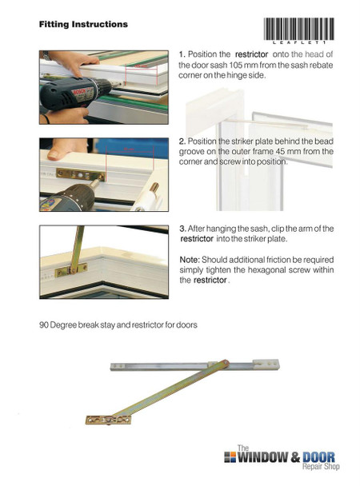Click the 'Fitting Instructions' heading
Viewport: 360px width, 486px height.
[83, 25]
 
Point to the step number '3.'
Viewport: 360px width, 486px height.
[182, 229]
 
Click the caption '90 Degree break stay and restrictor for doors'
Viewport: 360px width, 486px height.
[118, 325]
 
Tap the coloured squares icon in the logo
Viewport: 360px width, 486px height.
[230, 458]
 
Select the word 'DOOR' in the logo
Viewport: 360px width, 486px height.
[318, 458]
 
